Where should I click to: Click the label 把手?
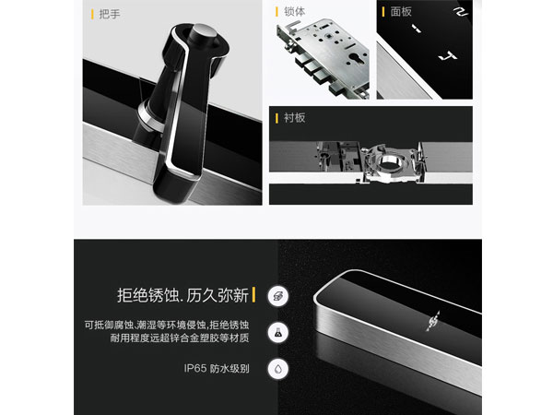coord(110,15)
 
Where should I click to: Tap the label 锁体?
coord(295,12)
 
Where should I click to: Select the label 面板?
coord(401,12)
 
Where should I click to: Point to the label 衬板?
coord(295,118)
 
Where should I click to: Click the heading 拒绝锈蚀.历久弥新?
coord(182,295)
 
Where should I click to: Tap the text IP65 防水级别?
coord(217,369)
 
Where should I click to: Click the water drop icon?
coord(278,369)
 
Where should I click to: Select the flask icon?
coord(278,332)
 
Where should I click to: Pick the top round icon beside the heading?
coord(278,296)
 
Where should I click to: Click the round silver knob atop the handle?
coord(202,35)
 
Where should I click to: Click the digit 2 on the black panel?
coord(460,11)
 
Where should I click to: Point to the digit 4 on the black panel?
coord(448,55)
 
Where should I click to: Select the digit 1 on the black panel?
coord(417,29)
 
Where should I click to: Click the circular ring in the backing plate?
coord(389,163)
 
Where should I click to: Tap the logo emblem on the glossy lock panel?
coord(433,321)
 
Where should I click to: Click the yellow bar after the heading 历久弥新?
coord(254,295)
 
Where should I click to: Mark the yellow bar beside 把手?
coord(92,15)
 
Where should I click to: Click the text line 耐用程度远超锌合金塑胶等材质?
coord(180,338)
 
